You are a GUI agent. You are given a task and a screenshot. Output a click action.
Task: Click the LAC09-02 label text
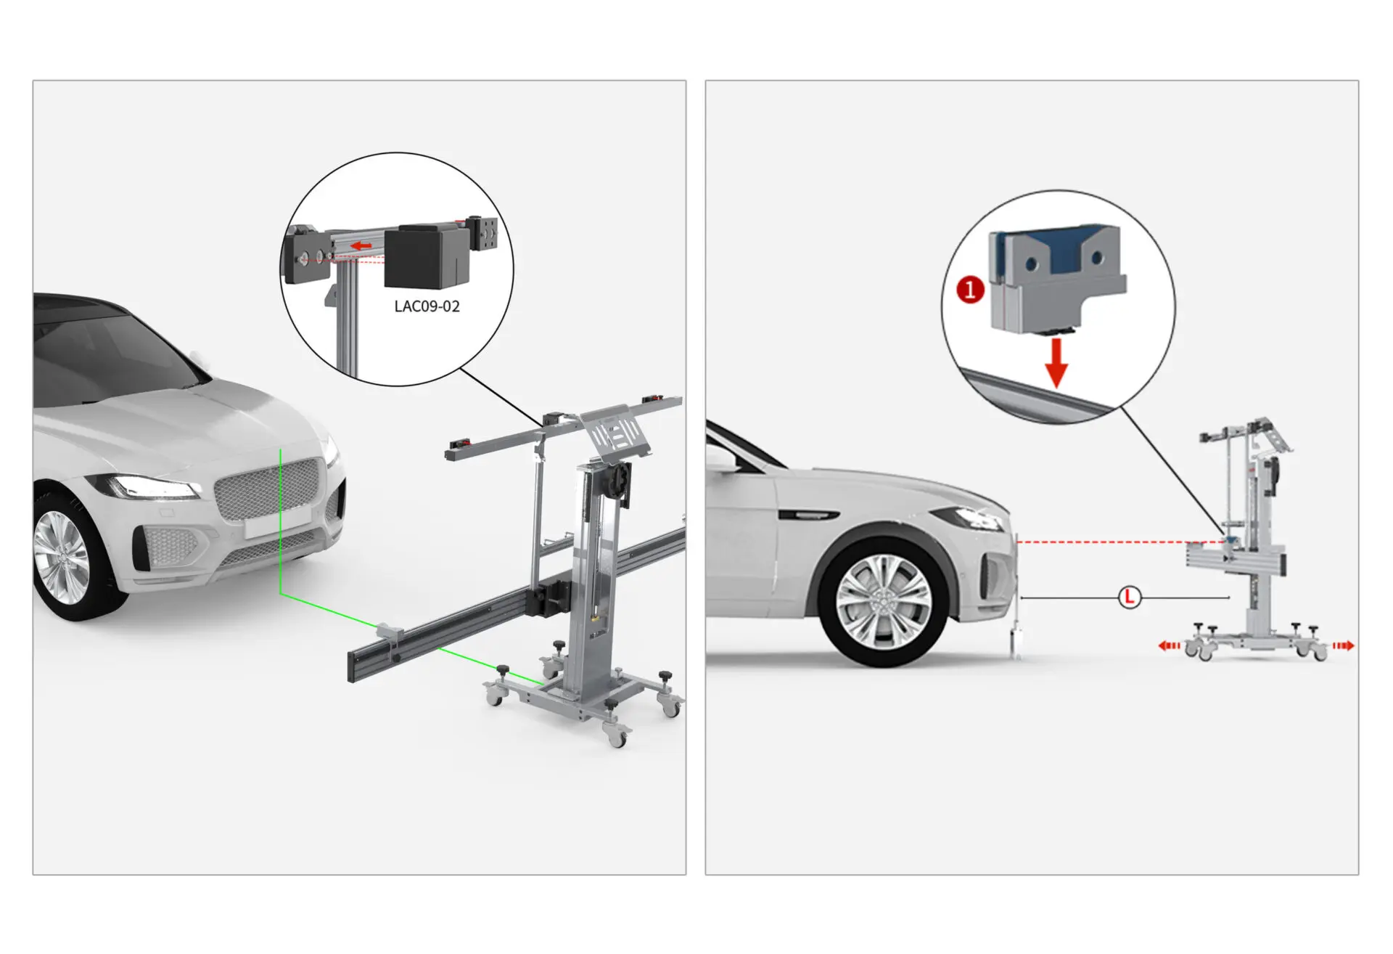click(x=427, y=306)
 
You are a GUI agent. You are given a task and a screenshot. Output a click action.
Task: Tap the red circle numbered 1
click(x=970, y=290)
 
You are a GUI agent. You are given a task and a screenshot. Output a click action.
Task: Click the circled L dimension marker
click(x=1129, y=598)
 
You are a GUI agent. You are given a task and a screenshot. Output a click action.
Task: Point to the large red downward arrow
click(x=1056, y=363)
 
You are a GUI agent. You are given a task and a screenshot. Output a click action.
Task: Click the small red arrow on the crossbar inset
click(x=361, y=246)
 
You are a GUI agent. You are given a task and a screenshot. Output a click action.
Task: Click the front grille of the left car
click(x=267, y=489)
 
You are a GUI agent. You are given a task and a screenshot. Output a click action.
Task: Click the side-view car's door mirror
click(x=721, y=457)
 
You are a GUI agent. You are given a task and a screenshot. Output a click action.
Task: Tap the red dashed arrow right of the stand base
click(x=1344, y=645)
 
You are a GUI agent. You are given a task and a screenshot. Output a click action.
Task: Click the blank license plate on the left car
click(x=278, y=521)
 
